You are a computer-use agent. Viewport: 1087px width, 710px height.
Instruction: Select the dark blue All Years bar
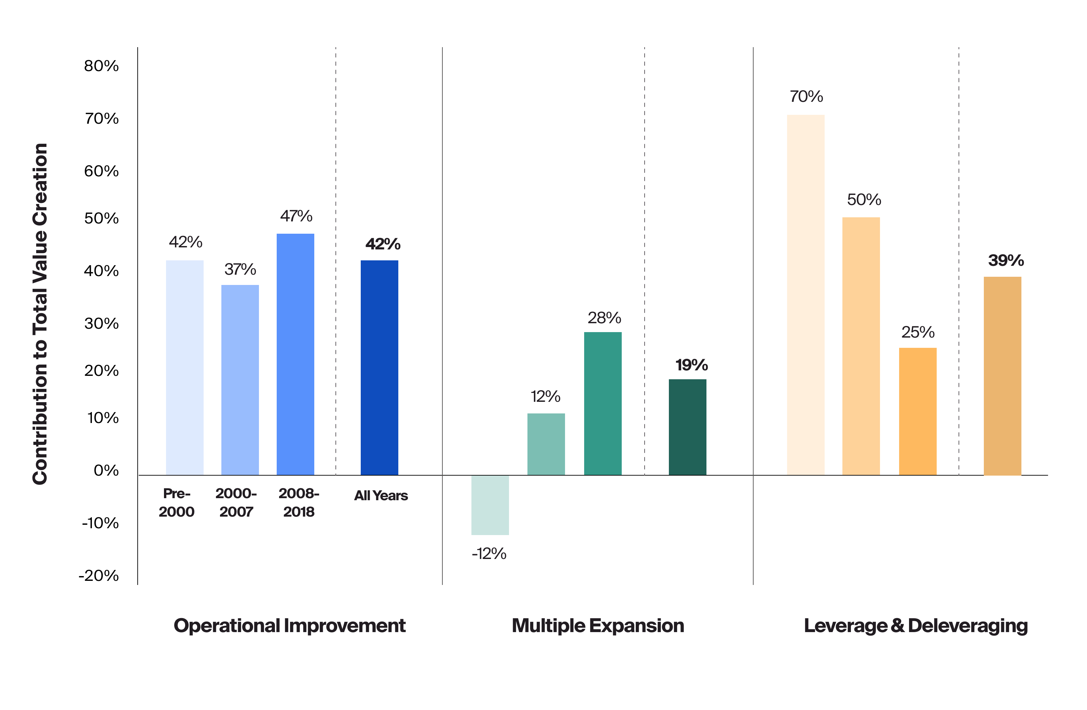click(379, 367)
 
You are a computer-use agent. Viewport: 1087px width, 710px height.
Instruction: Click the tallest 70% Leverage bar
click(805, 295)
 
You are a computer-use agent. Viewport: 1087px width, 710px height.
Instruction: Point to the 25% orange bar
click(917, 411)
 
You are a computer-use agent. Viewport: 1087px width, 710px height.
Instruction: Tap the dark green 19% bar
click(687, 427)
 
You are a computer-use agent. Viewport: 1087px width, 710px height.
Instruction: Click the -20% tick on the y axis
click(99, 575)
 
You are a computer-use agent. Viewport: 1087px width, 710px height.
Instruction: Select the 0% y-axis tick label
click(106, 470)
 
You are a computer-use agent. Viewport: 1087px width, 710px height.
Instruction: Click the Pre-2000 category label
click(176, 503)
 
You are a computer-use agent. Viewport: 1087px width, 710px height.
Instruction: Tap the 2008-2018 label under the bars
click(299, 503)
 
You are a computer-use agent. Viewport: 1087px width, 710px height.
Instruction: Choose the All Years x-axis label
click(381, 496)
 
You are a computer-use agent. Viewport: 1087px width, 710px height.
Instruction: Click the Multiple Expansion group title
click(597, 626)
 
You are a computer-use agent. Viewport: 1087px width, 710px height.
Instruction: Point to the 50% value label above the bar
click(863, 200)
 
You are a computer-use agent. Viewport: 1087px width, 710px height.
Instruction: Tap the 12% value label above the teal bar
click(545, 397)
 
